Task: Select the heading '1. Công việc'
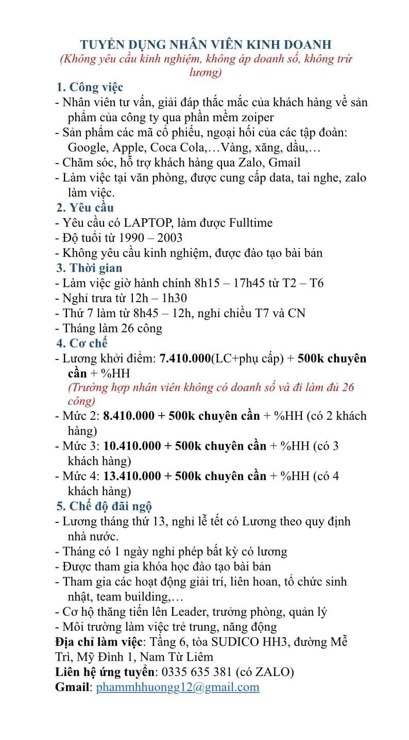90,87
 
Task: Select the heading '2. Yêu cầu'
85,208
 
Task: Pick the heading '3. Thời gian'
89,268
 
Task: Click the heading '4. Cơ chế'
82,343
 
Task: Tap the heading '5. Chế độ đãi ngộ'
104,506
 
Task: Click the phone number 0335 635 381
196,672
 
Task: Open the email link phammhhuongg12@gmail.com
178,687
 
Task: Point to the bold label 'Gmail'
73,687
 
